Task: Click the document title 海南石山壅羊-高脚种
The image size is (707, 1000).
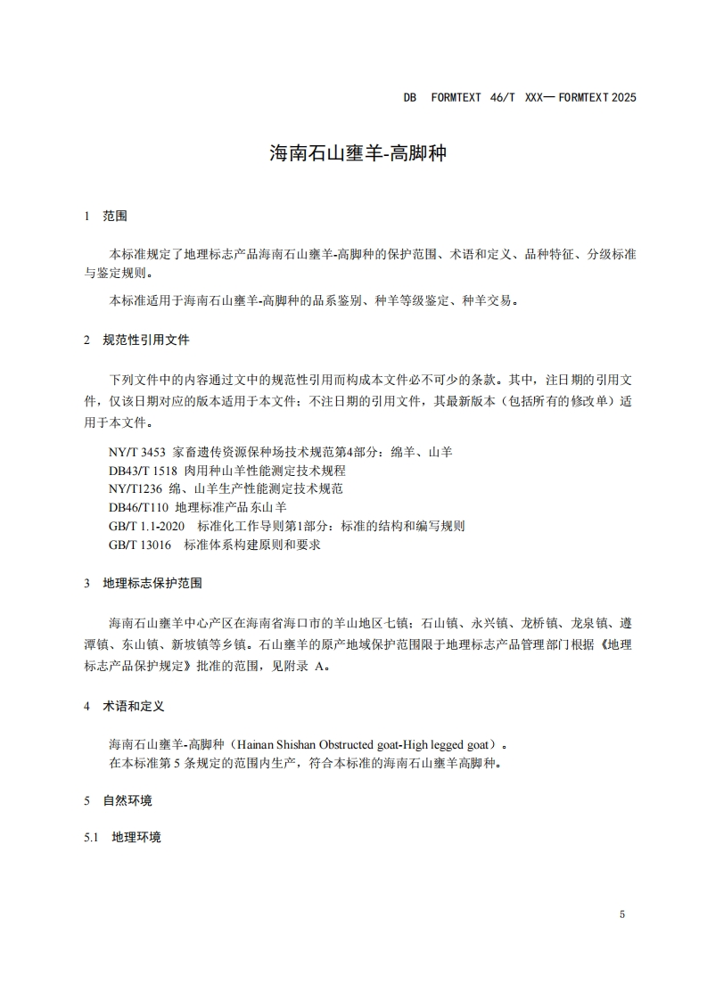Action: click(357, 152)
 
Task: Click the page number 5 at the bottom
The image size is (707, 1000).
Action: click(622, 914)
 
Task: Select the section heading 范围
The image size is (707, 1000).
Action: click(115, 216)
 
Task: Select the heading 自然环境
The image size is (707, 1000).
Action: click(127, 800)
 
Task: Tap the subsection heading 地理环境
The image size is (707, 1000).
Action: click(136, 838)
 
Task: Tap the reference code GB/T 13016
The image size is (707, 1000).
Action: click(141, 544)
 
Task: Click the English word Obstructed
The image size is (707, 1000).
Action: click(357, 742)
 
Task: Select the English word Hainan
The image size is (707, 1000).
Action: click(260, 742)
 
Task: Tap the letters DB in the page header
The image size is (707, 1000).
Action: click(410, 97)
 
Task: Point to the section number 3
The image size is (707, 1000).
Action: click(86, 583)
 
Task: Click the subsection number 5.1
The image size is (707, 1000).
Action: click(90, 838)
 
